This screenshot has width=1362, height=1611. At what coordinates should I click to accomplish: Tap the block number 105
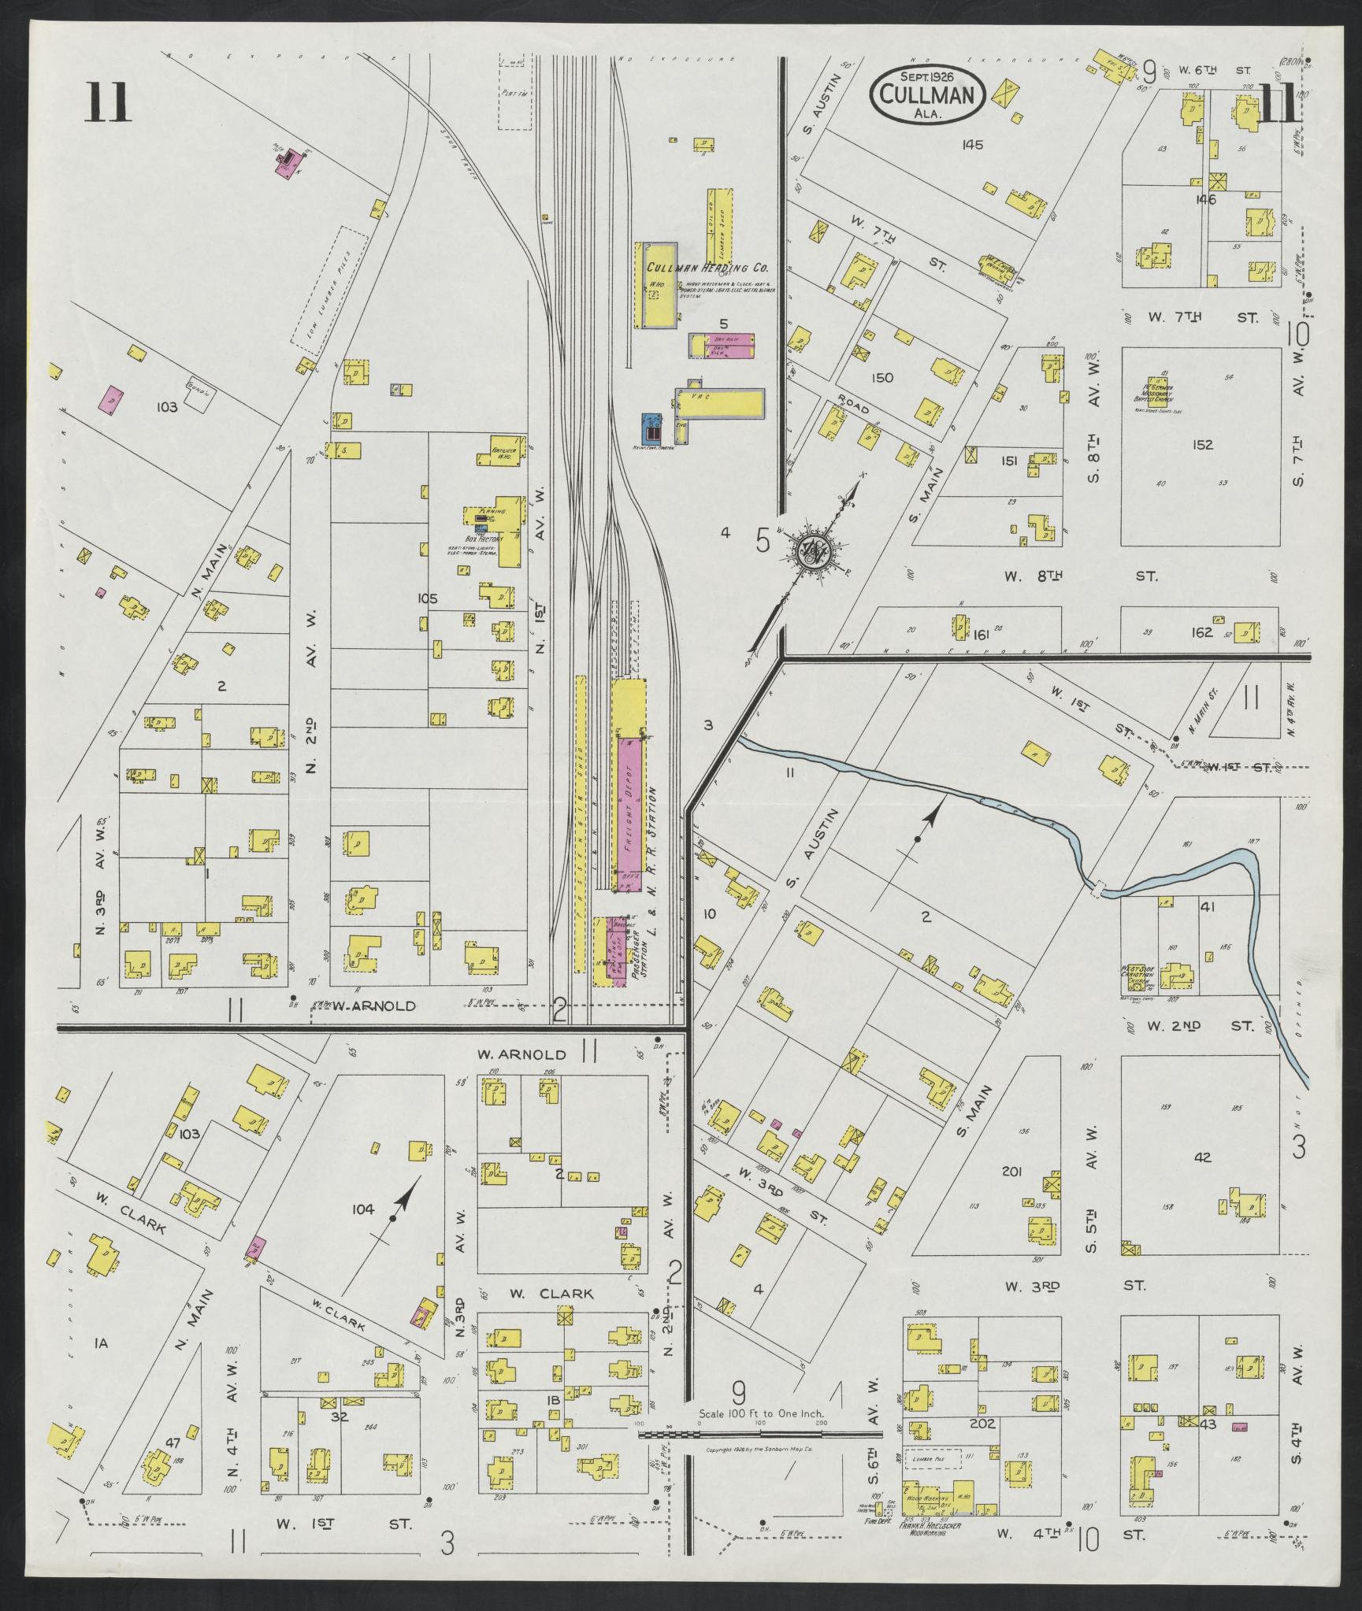427,599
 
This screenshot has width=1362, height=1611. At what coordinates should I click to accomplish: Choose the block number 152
1202,445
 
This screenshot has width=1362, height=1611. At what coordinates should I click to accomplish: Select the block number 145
973,144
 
